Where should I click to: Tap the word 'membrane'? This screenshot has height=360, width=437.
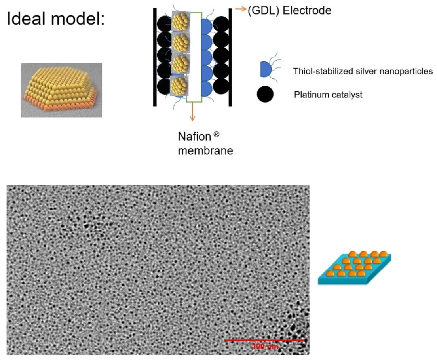(205, 151)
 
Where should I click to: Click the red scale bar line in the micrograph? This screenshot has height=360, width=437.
(265, 340)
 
